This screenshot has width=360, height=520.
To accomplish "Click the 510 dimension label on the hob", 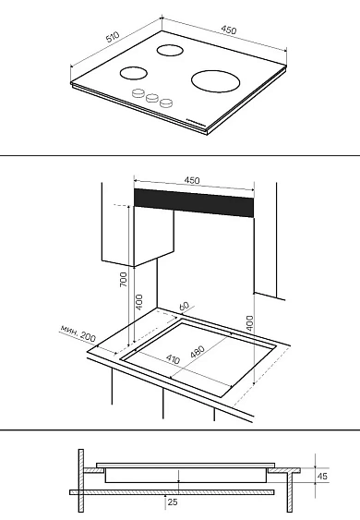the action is [x=113, y=37].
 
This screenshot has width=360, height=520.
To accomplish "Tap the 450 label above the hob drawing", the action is [x=229, y=30].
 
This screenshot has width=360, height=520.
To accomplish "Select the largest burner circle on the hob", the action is [x=215, y=81].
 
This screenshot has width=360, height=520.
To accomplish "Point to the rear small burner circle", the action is [x=170, y=51].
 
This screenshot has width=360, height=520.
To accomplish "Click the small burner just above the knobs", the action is [x=133, y=73].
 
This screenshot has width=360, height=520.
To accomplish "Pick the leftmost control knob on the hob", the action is [x=138, y=93].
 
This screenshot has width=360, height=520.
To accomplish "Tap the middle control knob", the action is [x=152, y=98].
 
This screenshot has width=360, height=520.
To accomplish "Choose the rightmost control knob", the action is [x=166, y=103].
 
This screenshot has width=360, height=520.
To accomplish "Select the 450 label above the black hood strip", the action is [x=192, y=180].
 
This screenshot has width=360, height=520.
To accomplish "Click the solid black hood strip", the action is [x=194, y=203].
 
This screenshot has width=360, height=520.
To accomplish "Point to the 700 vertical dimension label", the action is [x=124, y=279].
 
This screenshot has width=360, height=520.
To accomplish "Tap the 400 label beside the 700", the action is [x=139, y=302].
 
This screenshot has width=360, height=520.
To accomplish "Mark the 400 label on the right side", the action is [x=249, y=323].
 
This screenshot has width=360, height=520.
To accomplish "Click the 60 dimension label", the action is [x=184, y=306].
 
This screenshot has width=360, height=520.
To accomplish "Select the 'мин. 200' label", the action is [x=78, y=333].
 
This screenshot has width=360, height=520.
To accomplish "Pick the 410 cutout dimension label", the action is [x=173, y=358].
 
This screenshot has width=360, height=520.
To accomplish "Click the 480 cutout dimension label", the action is [x=198, y=352].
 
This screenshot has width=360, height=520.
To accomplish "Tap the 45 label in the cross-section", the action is [x=322, y=476].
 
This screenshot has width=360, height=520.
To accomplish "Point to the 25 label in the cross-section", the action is [x=173, y=502].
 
